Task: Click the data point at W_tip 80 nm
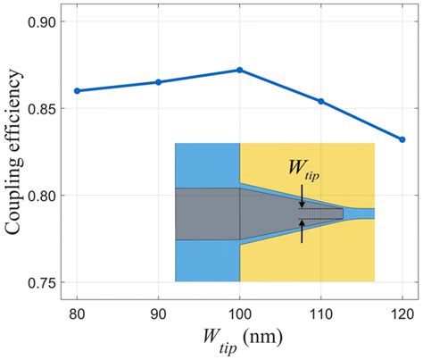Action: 77,91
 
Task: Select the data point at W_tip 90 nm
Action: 158,82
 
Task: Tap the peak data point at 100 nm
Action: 239,70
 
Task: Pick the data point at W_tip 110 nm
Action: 320,101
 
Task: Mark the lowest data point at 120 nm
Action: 402,139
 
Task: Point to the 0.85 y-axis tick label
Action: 49,108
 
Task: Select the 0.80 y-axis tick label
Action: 49,196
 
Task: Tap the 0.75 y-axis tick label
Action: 49,282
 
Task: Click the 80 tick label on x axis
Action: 77,314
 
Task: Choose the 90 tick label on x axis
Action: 158,314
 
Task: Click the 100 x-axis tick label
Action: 239,314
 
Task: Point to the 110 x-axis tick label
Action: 320,314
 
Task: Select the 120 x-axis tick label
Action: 401,314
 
